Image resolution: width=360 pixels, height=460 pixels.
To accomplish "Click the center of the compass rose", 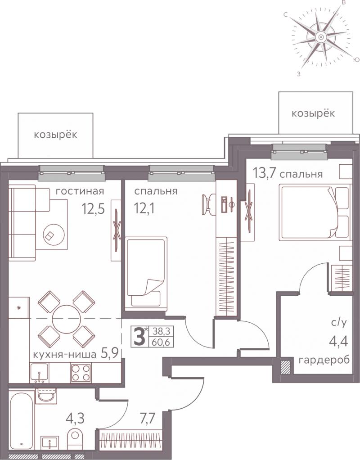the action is pos(321,37).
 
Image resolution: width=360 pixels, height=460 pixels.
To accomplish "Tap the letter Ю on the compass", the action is pos(355,60).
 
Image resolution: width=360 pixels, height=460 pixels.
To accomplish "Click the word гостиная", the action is pos(80,191).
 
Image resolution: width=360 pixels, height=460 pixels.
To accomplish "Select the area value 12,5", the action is pos(94,209).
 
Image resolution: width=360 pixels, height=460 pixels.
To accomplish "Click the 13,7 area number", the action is pos(264,173).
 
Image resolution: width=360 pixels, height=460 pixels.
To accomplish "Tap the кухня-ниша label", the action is pos(64,354).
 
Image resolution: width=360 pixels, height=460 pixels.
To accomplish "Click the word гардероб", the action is pos(324,360).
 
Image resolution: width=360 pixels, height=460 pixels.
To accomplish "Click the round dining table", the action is pos(67,319).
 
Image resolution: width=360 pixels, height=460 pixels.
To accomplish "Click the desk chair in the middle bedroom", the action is pos(208,202).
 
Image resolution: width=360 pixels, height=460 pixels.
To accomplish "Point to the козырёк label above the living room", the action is pos(55,135).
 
